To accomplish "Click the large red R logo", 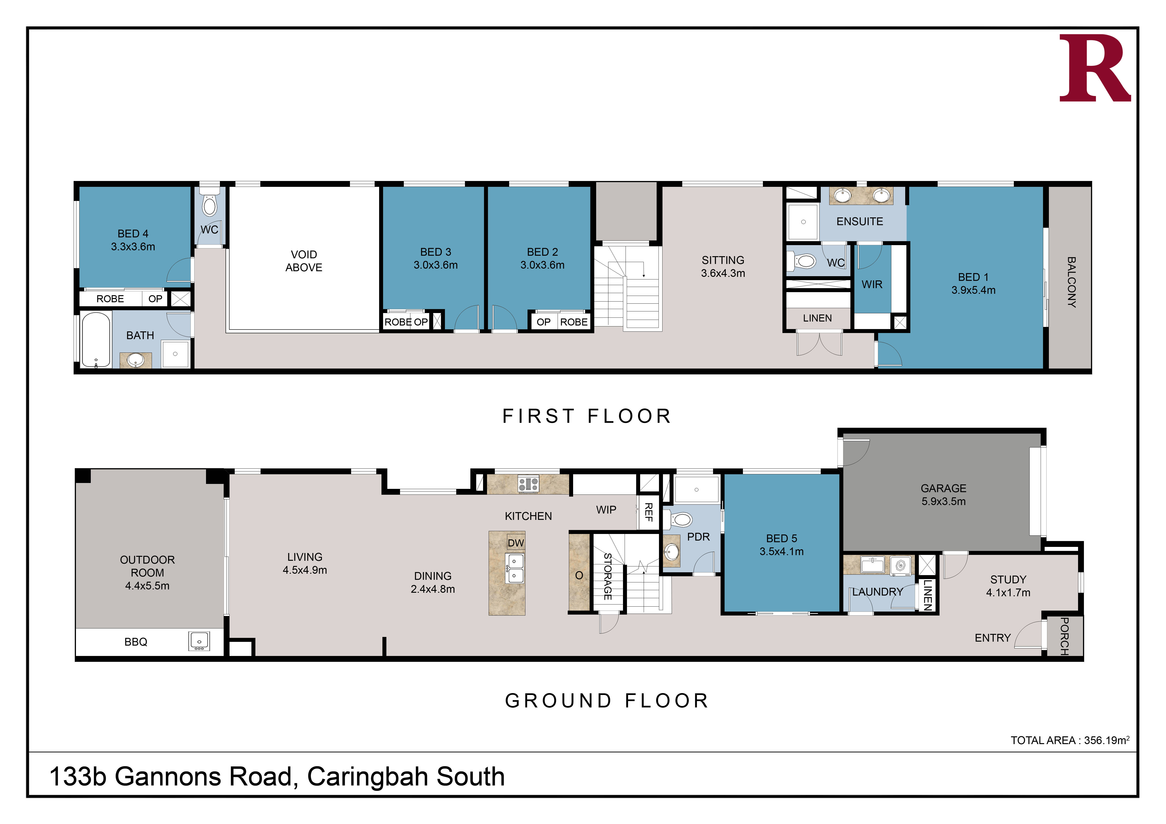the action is [x=1095, y=68].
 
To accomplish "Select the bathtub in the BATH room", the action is [x=96, y=339].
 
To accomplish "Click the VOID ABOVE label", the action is [x=304, y=261].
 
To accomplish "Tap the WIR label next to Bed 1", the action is [x=872, y=285].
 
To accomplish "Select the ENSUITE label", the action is [x=860, y=221].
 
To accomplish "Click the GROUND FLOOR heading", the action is [x=607, y=701].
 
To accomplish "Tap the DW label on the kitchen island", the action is [x=516, y=543].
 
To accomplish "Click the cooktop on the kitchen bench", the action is [x=528, y=484].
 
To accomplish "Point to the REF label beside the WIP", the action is [x=649, y=512].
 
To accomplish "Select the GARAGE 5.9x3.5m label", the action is [x=944, y=495].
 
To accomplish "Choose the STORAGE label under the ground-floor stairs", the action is [x=607, y=576].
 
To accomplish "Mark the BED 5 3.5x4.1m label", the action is [x=781, y=545].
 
